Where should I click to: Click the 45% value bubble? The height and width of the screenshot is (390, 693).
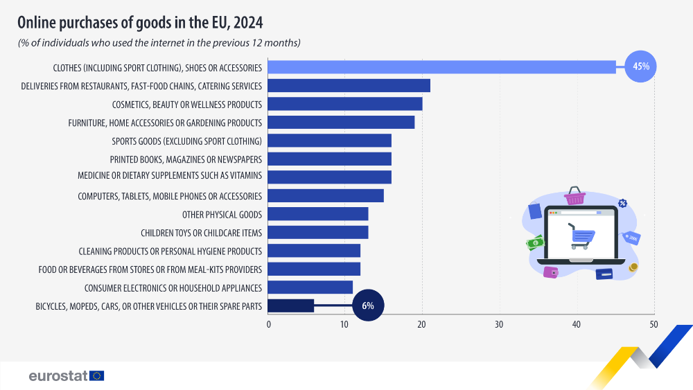pos(640,67)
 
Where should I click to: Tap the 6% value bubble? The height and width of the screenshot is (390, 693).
pos(367,305)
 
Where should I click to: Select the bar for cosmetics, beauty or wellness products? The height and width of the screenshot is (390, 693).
pos(345,104)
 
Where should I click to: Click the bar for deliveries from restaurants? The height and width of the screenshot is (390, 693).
pos(349,86)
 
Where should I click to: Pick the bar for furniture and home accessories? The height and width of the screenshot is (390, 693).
pos(341,123)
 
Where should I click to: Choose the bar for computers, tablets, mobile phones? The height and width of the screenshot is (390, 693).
pos(326,195)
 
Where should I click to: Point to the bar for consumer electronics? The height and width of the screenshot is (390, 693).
pos(310,287)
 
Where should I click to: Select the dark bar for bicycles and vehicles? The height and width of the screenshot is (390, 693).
pos(291,305)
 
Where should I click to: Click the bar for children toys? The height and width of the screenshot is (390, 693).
pos(318,232)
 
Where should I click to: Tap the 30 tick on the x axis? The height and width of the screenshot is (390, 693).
pos(499,324)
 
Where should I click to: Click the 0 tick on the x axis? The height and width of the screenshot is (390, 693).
pos(268,324)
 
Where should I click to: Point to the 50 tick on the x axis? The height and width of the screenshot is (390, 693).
pos(653,324)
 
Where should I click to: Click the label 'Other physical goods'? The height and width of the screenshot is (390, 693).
pos(222,214)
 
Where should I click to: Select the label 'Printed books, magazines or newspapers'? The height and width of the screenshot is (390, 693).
pos(186,159)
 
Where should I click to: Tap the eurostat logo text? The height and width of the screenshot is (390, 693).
pos(58,375)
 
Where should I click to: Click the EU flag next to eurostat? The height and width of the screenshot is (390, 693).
pos(96,375)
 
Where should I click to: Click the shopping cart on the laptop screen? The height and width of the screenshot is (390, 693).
pos(581,236)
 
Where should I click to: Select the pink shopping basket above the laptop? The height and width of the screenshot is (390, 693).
pos(574,196)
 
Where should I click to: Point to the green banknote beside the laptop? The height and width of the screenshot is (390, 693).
pos(535,243)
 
